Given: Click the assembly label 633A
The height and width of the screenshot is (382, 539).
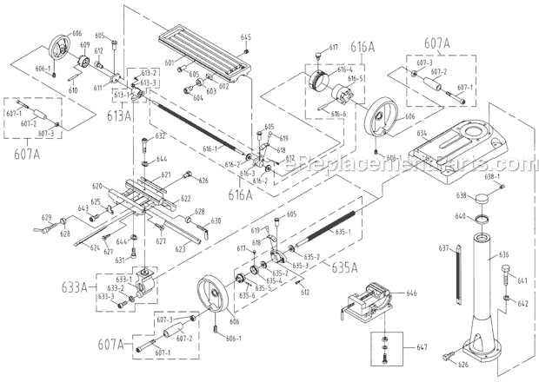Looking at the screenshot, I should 76,286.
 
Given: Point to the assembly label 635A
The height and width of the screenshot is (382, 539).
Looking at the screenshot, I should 343,267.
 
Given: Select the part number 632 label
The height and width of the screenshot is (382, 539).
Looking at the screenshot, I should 161,136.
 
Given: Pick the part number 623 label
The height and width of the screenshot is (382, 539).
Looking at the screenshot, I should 181,249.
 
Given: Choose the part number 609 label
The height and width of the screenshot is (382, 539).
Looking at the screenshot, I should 85,45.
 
